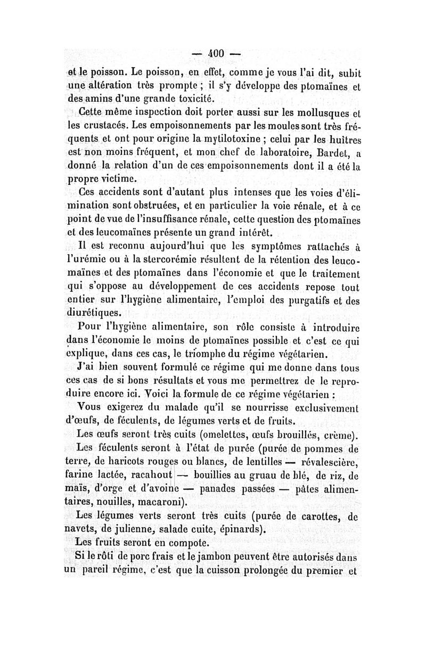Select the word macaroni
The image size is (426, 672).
point(161,501)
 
